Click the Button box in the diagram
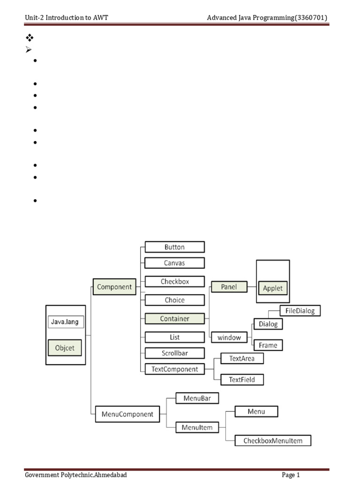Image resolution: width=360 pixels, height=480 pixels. pos(174,247)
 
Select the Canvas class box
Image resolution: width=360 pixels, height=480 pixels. pos(174,263)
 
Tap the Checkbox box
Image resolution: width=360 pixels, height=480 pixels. pos(174,282)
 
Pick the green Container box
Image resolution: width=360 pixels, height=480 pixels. pos(174,318)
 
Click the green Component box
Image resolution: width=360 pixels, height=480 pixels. pos(114,287)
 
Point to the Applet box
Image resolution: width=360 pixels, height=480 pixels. pos(273,288)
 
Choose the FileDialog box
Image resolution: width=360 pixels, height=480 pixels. pos(300,311)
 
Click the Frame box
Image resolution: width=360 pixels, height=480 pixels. pos(268,345)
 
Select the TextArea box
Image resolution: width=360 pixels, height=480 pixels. pos(242,359)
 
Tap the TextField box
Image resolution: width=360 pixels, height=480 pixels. pos(242,380)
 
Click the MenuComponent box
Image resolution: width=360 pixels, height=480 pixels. pos(127,414)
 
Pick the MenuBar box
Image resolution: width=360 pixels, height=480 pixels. pos(197,398)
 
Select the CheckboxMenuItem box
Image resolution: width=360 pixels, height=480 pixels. pos(273,441)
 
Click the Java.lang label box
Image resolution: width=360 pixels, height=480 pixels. pos(66,322)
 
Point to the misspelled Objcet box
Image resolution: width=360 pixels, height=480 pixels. pos(65,348)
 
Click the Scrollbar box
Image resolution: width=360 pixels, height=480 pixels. pos(174,353)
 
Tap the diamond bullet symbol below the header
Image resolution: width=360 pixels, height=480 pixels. pos(30,37)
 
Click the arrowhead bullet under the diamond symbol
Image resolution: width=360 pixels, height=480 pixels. pos(29,50)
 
